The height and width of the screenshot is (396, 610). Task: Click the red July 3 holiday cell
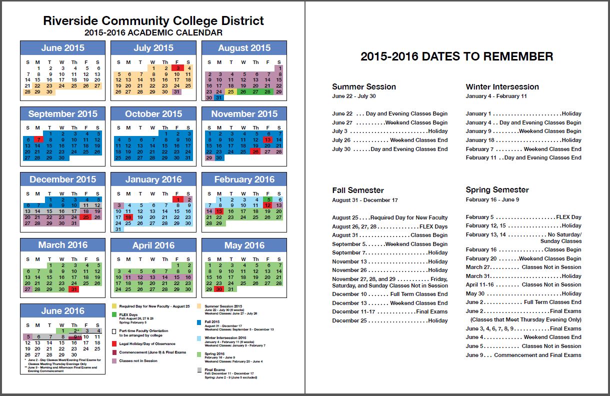pos(176,68)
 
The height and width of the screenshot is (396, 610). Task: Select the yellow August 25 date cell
pos(231,91)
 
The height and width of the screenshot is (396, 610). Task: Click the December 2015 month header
pos(63,179)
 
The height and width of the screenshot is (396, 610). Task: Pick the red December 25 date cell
pos(86,217)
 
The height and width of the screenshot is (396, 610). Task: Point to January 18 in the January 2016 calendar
pos(129,217)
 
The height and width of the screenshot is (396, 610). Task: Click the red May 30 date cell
pos(219,289)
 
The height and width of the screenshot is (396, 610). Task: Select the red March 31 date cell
pos(74,289)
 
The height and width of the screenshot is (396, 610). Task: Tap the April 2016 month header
pos(153,245)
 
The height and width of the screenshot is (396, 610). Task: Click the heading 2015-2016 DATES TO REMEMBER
pos(456,56)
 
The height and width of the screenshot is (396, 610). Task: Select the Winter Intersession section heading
pos(502,87)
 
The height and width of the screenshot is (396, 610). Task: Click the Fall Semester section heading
pos(358,190)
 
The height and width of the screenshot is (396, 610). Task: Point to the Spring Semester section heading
pos(497,190)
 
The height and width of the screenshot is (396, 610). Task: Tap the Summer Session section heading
pos(364,87)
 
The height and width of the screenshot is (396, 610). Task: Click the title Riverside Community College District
pos(153,21)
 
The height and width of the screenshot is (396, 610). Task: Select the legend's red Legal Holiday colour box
pos(114,344)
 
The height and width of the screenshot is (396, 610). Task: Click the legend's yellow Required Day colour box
pos(114,306)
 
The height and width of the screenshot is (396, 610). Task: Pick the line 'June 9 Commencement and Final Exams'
pos(523,355)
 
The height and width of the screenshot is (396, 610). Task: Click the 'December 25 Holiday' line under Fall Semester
pos(389,320)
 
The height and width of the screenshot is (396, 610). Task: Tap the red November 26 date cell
pos(255,151)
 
